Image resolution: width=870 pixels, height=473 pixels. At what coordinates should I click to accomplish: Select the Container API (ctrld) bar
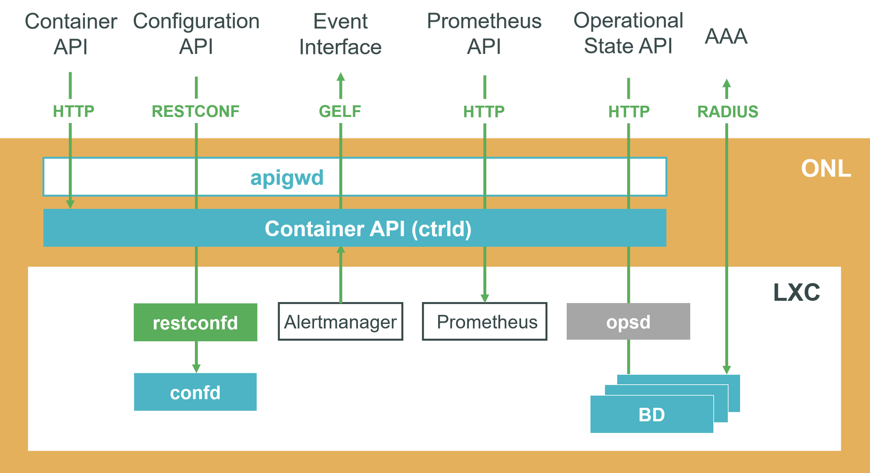coord(355,228)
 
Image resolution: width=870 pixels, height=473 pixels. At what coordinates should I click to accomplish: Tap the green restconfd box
coord(195,322)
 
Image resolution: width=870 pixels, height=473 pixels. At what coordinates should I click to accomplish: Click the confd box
coord(195,392)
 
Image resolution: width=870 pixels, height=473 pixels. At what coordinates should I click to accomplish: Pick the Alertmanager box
coord(341,322)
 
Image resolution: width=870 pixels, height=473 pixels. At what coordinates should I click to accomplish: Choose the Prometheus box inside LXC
coord(485,322)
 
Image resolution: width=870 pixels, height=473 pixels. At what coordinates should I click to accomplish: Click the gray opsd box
coord(628,321)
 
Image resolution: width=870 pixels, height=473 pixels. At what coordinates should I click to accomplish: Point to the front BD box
coord(652,414)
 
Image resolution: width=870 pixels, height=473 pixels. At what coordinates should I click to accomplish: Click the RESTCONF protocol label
coord(196,111)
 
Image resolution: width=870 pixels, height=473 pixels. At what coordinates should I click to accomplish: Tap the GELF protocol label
coord(340,111)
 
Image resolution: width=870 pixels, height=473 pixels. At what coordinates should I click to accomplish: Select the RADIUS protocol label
coord(728,112)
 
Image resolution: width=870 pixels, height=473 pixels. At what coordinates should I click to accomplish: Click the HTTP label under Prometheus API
coord(484,112)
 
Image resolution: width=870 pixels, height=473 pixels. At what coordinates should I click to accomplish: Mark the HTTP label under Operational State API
coord(629,112)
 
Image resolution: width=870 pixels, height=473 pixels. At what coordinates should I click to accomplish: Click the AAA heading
coord(726,36)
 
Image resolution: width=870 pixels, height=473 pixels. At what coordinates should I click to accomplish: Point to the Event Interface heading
coord(341,34)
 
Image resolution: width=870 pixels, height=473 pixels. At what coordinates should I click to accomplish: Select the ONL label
coord(826,168)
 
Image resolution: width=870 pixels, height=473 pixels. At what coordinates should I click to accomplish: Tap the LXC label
coord(796,292)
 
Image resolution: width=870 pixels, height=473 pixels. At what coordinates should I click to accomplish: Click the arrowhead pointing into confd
coord(196,368)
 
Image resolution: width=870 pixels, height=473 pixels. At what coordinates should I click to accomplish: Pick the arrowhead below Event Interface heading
coord(341,77)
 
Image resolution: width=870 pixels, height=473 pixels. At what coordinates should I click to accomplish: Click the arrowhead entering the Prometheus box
coord(485,298)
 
